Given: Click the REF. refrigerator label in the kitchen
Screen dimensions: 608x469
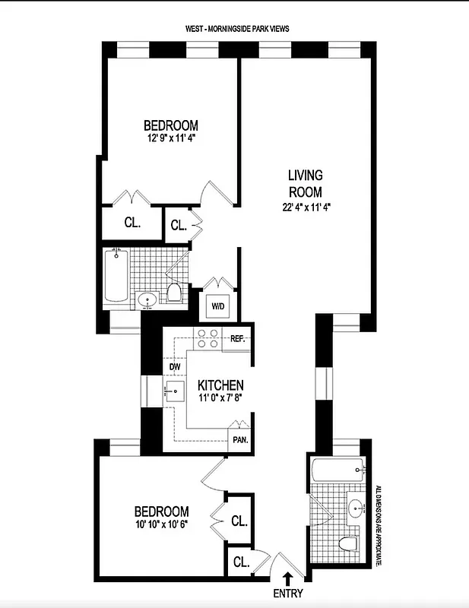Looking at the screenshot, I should pos(236,338).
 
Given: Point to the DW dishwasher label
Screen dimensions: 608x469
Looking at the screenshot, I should pos(176,367).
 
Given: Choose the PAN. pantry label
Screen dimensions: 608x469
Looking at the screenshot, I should pos(240,439).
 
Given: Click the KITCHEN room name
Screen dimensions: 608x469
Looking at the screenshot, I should pos(220,385).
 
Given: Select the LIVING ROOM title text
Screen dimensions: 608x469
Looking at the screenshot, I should pos(304,182).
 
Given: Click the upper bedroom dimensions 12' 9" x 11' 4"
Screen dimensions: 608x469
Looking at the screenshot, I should pos(172,139).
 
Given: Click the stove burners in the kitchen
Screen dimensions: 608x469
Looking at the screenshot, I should pos(208,338).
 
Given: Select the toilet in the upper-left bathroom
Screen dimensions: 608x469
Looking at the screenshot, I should pos(175,293).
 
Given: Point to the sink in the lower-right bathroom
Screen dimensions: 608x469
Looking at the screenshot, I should pos(355,506).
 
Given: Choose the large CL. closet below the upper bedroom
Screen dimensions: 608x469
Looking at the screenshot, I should pos(132,223).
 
